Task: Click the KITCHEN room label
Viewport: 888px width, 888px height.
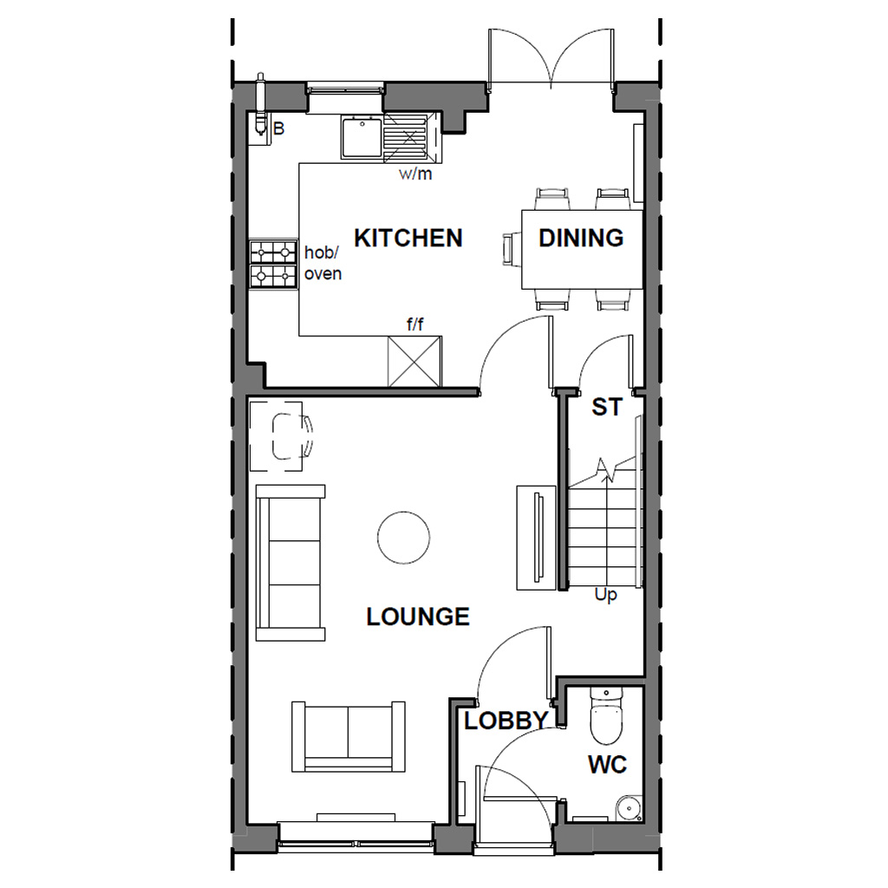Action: click(x=408, y=238)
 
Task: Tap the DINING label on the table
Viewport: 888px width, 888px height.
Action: click(x=581, y=238)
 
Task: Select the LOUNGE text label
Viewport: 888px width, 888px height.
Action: click(x=417, y=617)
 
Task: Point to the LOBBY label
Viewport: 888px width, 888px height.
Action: click(x=506, y=721)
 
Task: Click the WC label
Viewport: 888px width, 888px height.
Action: click(x=607, y=765)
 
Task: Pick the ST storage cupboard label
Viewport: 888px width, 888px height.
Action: click(x=606, y=407)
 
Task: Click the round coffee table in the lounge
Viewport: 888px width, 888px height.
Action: click(x=404, y=538)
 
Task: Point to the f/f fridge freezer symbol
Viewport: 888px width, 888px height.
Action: click(x=415, y=362)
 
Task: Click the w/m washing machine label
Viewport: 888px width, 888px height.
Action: click(x=415, y=173)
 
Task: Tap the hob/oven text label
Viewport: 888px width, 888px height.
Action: click(x=323, y=263)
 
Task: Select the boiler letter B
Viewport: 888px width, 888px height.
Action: click(x=278, y=129)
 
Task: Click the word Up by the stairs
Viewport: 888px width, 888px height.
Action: click(x=605, y=596)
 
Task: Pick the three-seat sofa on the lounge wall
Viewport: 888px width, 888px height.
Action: click(x=291, y=563)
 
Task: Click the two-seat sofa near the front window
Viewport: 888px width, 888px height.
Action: click(x=349, y=735)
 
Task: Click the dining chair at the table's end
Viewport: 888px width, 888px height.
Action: click(x=509, y=250)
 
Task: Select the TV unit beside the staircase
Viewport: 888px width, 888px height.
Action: click(x=535, y=539)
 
